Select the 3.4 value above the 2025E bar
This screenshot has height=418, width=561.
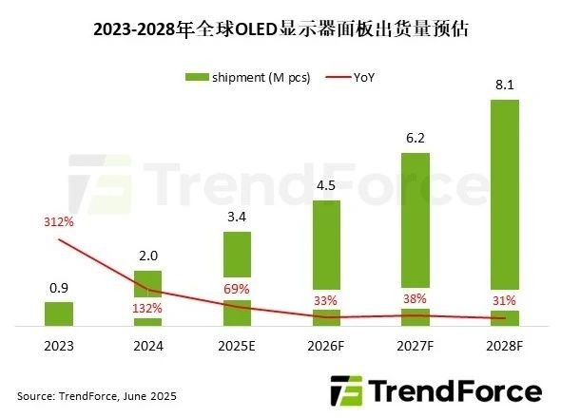point(237,218)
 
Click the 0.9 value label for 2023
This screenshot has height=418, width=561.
point(58,289)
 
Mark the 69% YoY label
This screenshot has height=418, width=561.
point(236,288)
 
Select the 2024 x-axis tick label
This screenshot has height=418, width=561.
point(147,348)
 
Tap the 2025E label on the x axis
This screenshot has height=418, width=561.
point(236,348)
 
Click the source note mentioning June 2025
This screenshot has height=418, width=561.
point(97,394)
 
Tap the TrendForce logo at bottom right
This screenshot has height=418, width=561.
point(435,390)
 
